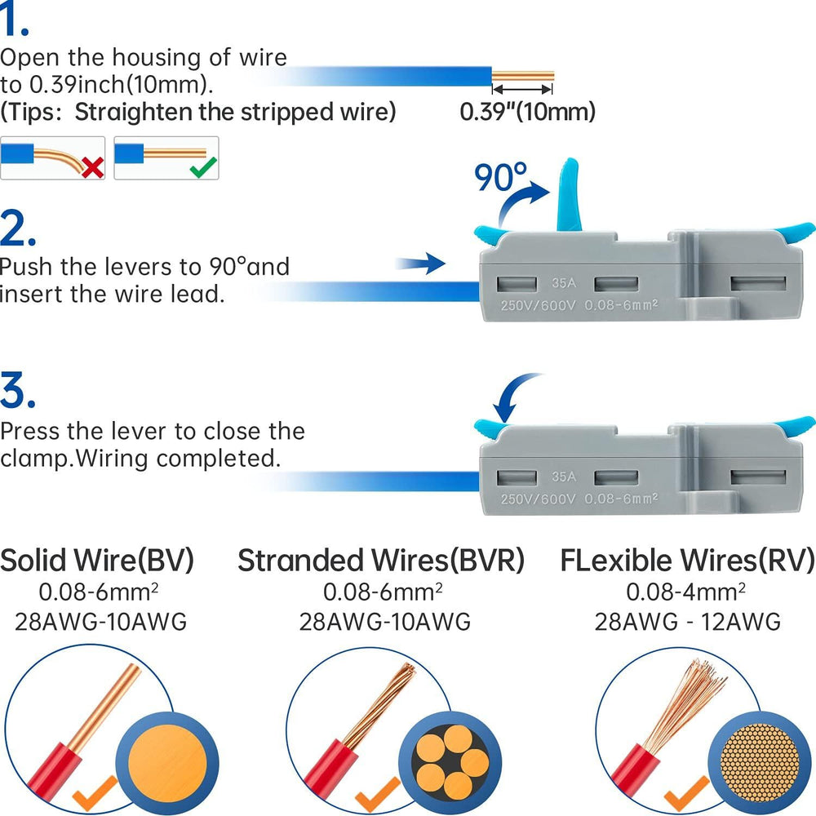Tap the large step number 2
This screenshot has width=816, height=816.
(19, 230)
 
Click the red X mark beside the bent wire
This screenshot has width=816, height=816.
(92, 167)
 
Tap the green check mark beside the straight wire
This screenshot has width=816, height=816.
(202, 167)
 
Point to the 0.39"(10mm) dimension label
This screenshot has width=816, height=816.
(527, 112)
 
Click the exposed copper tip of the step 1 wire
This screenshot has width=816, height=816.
(522, 78)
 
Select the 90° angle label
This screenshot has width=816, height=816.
(502, 175)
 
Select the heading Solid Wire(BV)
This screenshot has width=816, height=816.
(97, 561)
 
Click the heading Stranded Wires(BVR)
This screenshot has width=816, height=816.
(380, 561)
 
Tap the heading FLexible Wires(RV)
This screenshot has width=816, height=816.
(687, 561)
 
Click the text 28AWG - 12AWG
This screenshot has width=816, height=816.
(687, 622)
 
